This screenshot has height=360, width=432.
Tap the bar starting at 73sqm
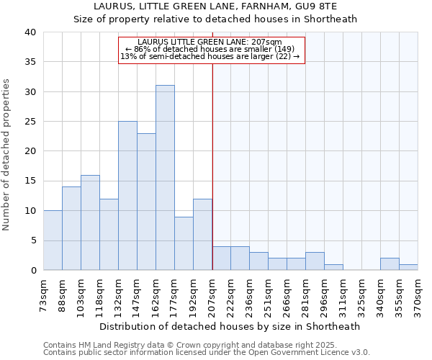pyautogui.click(x=53, y=240)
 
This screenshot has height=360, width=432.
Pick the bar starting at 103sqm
pyautogui.click(x=90, y=222)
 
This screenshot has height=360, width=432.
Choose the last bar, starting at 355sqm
pyautogui.click(x=408, y=267)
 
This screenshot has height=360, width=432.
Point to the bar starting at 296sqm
pyautogui.click(x=333, y=267)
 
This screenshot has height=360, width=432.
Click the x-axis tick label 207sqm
pyautogui.click(x=212, y=294)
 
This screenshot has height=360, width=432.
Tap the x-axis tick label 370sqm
pyautogui.click(x=418, y=294)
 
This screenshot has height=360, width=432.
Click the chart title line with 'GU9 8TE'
pyautogui.click(x=215, y=6)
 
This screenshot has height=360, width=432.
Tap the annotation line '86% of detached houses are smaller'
pyautogui.click(x=210, y=49)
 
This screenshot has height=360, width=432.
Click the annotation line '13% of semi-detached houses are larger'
pyautogui.click(x=210, y=56)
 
